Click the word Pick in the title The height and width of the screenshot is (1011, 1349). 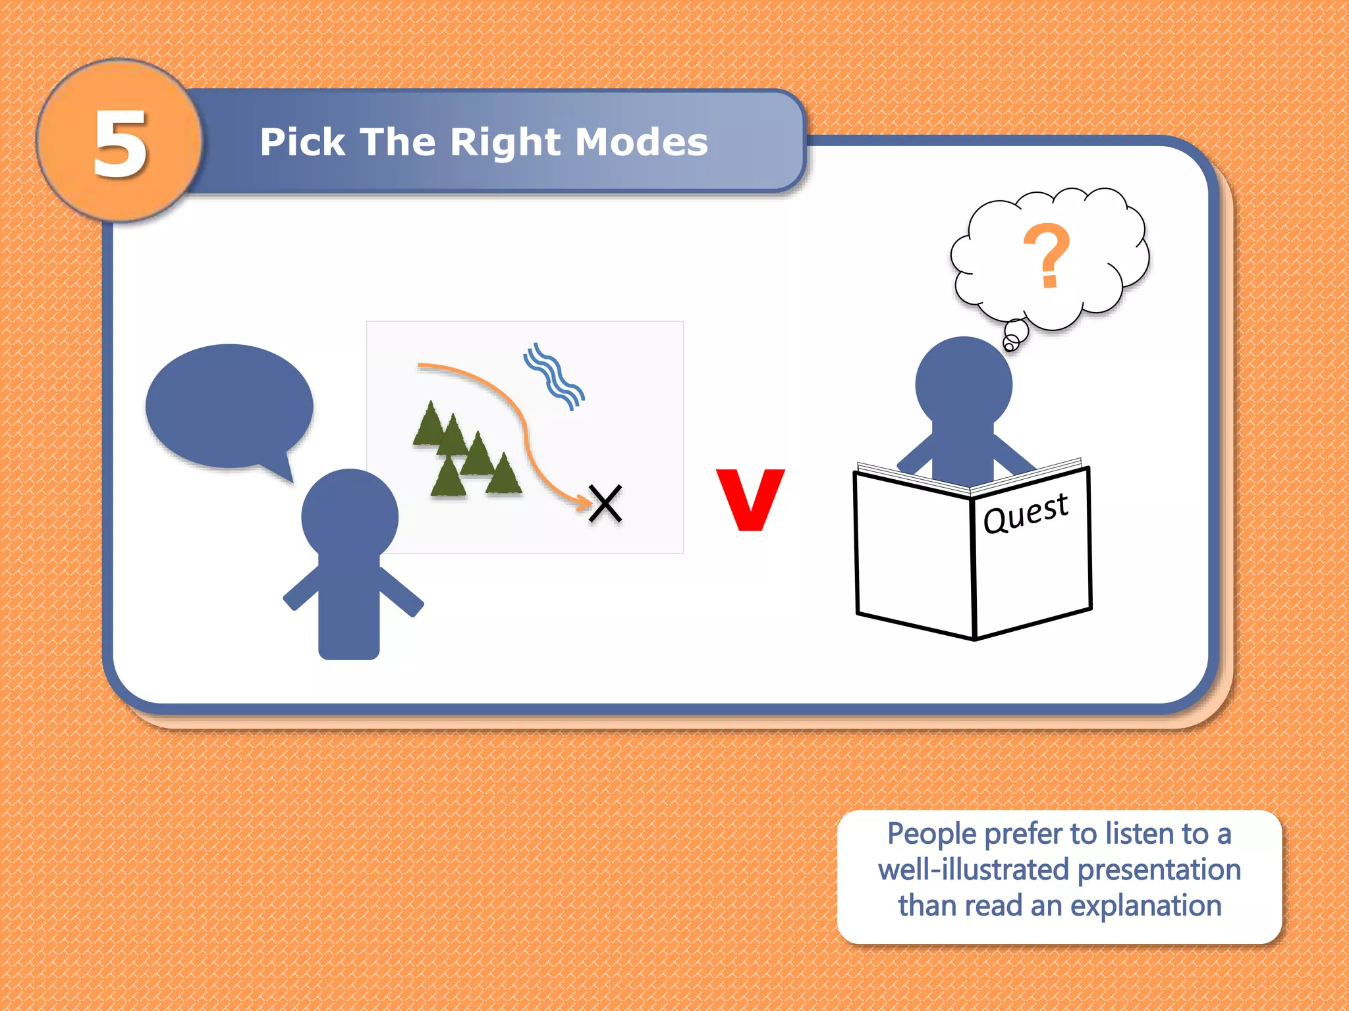point(302,142)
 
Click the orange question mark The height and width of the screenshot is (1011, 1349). point(1047,255)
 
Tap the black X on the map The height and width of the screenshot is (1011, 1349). point(605,504)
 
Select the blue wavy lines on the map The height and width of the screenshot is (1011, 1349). point(554,376)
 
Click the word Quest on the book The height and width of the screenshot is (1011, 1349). point(1025,513)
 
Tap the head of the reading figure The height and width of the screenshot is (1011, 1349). point(964,384)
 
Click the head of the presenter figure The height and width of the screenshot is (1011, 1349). point(350,517)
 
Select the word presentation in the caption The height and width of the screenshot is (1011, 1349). point(1159,869)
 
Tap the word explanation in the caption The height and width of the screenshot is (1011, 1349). point(1145,906)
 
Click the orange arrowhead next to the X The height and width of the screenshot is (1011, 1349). point(584,503)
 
